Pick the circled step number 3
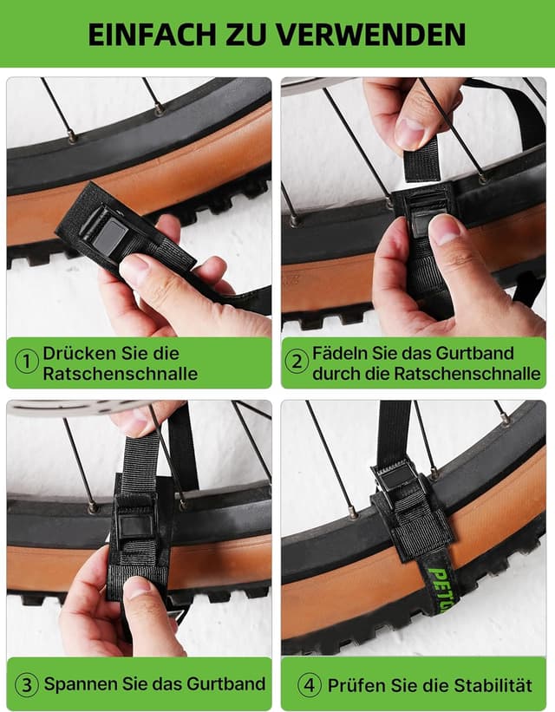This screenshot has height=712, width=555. [28, 684]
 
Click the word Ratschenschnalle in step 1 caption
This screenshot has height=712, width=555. [121, 374]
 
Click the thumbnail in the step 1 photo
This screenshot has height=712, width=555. [134, 270]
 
